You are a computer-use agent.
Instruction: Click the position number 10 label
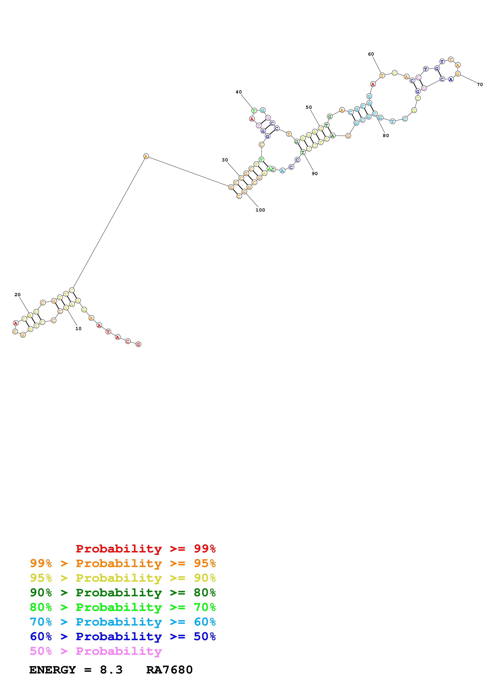coord(78,328)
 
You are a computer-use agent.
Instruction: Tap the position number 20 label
coord(18,295)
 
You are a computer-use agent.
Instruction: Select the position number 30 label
coord(225,160)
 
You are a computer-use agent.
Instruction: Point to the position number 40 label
coord(239,92)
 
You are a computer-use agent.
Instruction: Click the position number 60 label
coord(371,54)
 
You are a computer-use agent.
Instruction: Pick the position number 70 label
coord(480,85)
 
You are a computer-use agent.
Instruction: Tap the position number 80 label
coord(386,136)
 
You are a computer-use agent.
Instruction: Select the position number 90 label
coord(315,174)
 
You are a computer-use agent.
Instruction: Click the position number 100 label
coord(260,210)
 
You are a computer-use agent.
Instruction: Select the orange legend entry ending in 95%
coord(123,563)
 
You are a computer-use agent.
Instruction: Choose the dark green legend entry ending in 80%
coord(123,593)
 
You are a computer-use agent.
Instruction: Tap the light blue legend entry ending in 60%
coord(123,622)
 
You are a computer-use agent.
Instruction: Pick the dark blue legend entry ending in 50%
coord(123,636)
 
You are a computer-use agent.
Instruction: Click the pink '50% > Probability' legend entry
coord(96,651)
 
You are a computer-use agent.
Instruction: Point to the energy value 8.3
coord(111,670)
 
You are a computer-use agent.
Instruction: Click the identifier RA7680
coord(169,670)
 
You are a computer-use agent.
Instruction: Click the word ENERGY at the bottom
coord(53,670)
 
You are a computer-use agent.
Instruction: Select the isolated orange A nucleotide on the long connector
coord(146,156)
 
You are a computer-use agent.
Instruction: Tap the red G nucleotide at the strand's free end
coord(138,344)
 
